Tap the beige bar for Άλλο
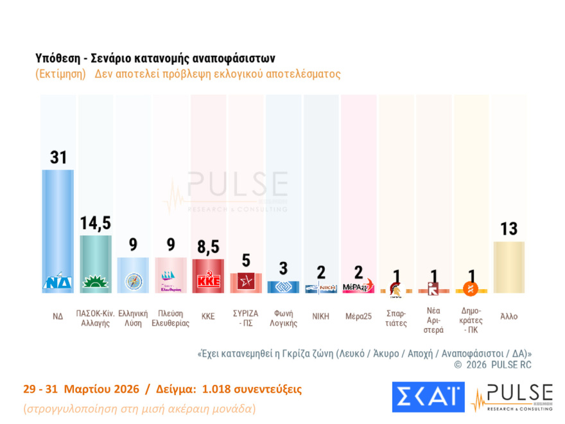coord(509,267)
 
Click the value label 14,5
coord(96,223)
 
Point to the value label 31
coord(58,157)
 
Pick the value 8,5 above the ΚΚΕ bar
coord(208,247)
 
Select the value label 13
coord(509,229)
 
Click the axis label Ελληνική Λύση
coord(133,318)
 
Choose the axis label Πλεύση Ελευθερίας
coord(170,318)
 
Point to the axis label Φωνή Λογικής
coord(283,318)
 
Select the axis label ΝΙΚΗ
coord(320,316)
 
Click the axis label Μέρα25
coord(358,316)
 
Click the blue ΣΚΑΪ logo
coord(428,397)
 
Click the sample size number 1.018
coord(218,389)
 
